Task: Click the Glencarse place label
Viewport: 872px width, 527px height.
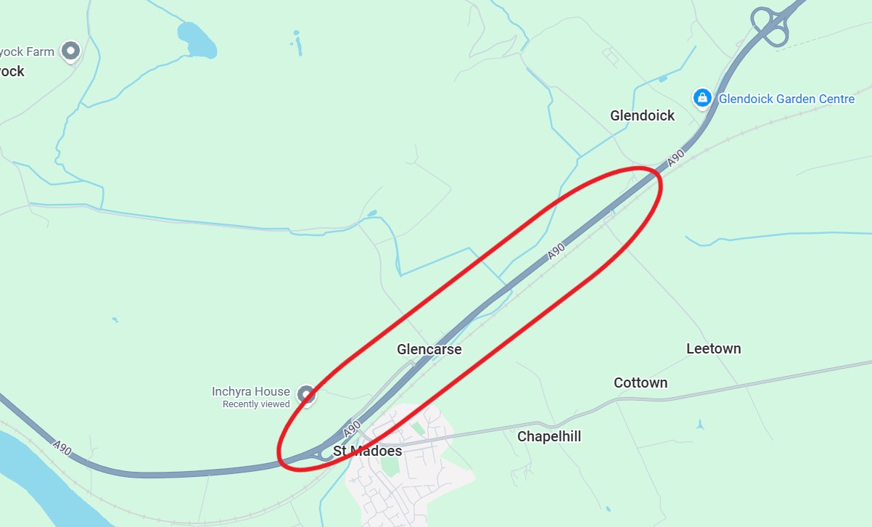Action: tap(429, 349)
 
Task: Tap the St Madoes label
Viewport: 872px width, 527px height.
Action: tap(367, 451)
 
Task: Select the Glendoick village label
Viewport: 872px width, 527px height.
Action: tap(642, 115)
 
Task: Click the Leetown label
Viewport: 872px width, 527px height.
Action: tap(713, 348)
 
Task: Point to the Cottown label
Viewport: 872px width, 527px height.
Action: tap(640, 383)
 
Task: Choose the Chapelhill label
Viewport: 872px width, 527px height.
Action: tap(548, 436)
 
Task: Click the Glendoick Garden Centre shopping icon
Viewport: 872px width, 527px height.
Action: tap(702, 98)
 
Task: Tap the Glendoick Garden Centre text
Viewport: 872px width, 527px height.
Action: tap(786, 99)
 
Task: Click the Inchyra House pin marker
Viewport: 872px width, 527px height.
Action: tap(307, 395)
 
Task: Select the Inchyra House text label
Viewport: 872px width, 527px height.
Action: tap(250, 391)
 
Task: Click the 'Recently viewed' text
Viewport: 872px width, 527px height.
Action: tap(255, 404)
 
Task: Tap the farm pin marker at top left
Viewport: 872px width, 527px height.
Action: tap(70, 51)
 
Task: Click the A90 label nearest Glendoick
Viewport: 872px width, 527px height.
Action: tap(676, 158)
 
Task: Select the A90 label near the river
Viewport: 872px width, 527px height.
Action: tap(62, 448)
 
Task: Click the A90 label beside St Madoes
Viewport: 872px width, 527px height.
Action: tap(352, 429)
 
